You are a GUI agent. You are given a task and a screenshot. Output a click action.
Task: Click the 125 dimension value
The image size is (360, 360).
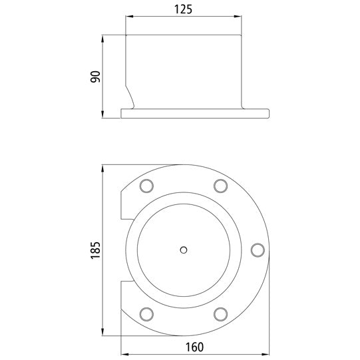click(183, 10)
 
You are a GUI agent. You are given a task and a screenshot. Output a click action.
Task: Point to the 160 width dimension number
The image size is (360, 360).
click(194, 346)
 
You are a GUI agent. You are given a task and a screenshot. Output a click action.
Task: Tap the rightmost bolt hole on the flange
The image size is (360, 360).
click(256, 249)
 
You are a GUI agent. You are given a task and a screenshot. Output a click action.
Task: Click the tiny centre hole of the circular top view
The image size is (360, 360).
click(184, 250)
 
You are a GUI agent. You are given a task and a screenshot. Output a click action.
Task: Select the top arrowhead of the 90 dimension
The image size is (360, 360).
click(103, 39)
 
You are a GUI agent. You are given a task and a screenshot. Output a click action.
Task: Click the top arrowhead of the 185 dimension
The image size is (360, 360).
click(103, 170)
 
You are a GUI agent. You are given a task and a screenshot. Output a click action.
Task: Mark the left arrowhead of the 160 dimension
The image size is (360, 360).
click(124, 353)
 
